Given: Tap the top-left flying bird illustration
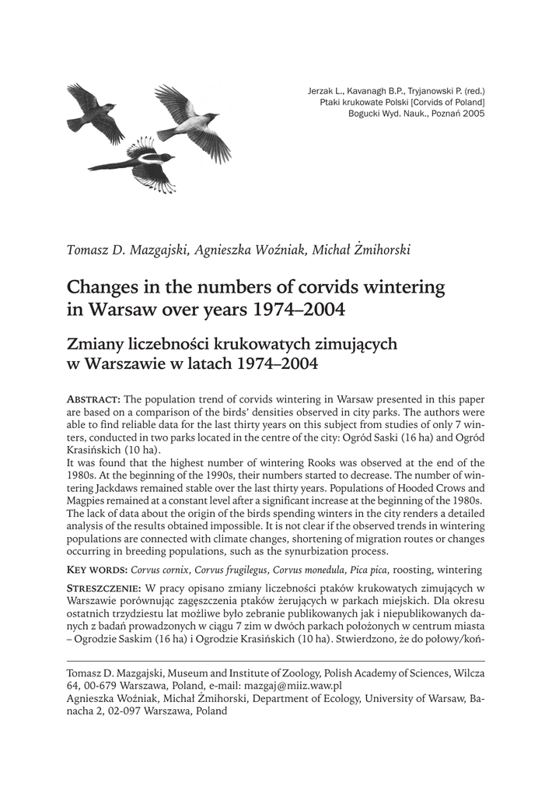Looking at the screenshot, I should point(94,112).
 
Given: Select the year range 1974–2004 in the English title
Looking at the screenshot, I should point(299,311).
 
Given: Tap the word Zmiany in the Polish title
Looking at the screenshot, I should point(97,342).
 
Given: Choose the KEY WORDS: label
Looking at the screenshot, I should point(98,571).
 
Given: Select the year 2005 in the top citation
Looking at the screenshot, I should point(471,113).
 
